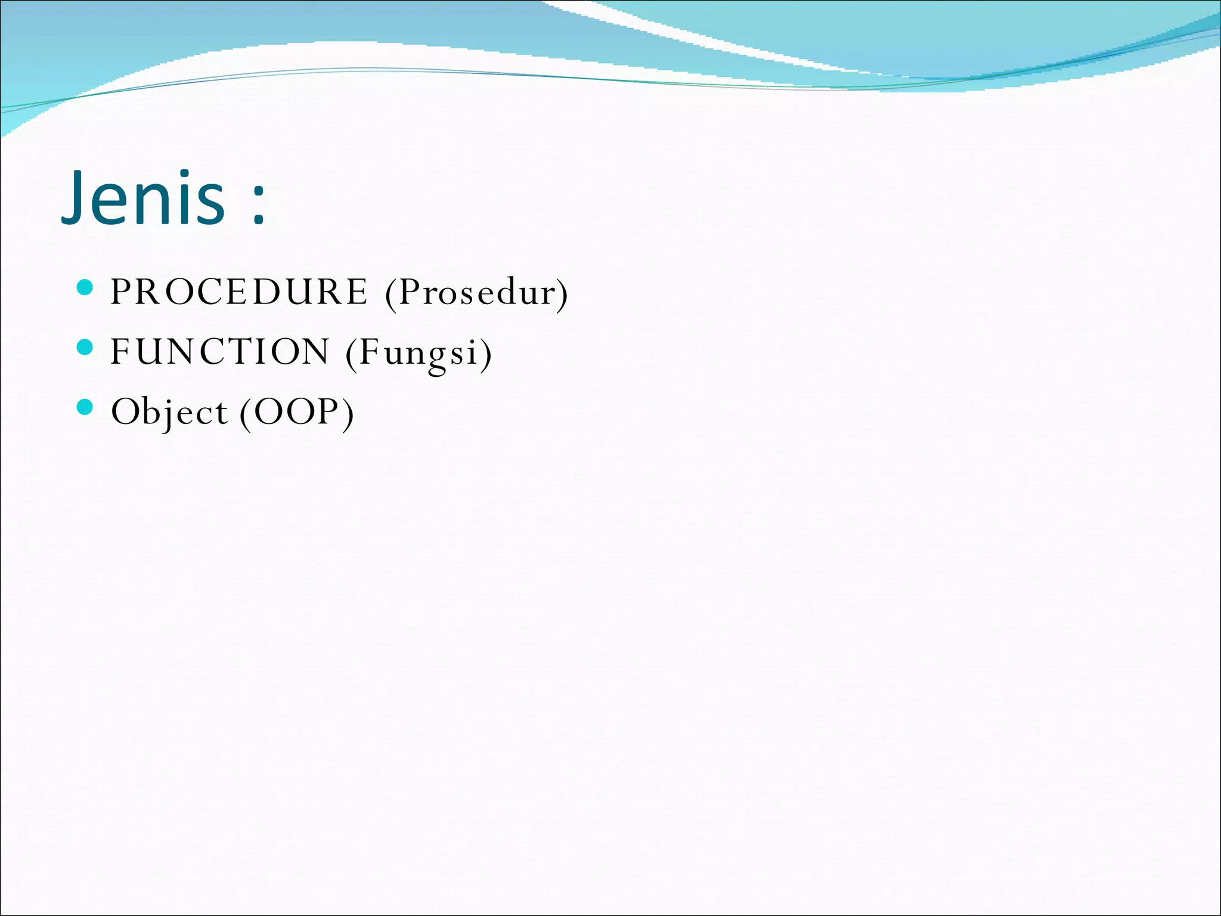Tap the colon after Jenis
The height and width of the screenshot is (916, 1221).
click(x=258, y=206)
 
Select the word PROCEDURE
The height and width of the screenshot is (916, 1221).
click(x=239, y=292)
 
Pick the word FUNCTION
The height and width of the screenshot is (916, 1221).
click(x=219, y=351)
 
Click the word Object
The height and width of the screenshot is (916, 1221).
click(x=169, y=412)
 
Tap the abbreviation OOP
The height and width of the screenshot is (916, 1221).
click(x=296, y=411)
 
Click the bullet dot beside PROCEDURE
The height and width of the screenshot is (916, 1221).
click(x=86, y=287)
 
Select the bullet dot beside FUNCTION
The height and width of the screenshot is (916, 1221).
click(x=86, y=347)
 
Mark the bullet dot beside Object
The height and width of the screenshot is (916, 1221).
click(x=86, y=407)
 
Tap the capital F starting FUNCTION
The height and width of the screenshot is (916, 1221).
click(x=120, y=351)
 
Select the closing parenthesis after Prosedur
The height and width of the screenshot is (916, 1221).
click(x=562, y=294)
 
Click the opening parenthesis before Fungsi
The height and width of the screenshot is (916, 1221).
click(x=351, y=354)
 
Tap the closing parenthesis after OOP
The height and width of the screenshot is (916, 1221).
click(x=348, y=413)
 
